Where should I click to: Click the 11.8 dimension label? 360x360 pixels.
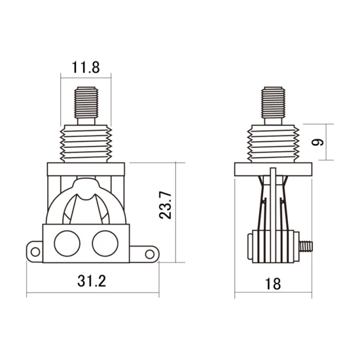(86, 67)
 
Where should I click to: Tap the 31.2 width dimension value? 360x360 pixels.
(92, 281)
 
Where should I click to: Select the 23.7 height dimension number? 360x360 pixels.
(166, 205)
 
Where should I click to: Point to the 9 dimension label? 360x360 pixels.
(317, 142)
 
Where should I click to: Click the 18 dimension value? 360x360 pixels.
(273, 284)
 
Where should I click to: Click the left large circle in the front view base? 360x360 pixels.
(67, 243)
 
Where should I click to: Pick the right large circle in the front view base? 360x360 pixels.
(105, 243)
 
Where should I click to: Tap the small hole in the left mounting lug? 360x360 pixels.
(35, 251)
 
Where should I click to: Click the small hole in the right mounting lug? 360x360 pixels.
(150, 254)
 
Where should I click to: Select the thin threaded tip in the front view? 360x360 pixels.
(86, 102)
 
